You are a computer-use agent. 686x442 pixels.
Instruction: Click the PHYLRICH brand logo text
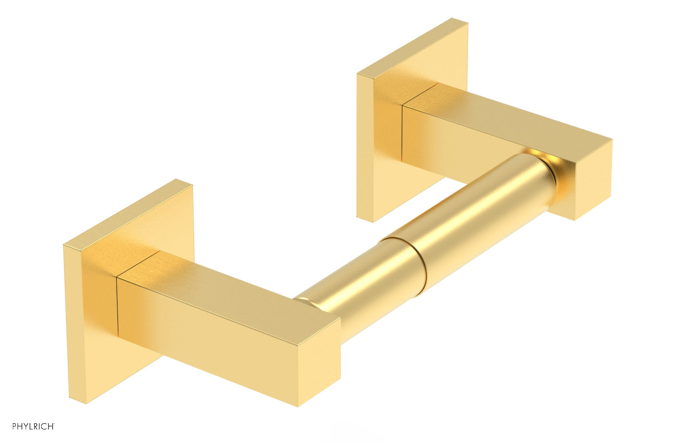pyautogui.click(x=33, y=427)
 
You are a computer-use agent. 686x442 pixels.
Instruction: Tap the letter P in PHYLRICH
pyautogui.click(x=15, y=427)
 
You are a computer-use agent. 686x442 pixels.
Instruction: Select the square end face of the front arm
pyautogui.click(x=319, y=363)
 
